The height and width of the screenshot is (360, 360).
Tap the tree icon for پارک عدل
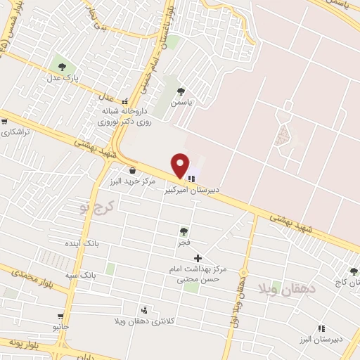[x=63, y=67]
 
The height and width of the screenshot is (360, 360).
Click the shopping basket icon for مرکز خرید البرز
[x=132, y=169]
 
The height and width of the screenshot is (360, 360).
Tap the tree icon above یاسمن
[x=181, y=91]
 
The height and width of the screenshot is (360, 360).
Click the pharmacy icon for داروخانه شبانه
[x=125, y=101]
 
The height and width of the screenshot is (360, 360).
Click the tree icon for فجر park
[x=184, y=231]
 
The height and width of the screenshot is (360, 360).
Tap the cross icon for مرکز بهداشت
[x=198, y=258]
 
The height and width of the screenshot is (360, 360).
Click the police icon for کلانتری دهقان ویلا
[x=144, y=310]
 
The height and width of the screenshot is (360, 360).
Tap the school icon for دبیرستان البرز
[x=321, y=328]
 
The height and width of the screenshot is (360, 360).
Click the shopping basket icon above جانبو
[x=61, y=316]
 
